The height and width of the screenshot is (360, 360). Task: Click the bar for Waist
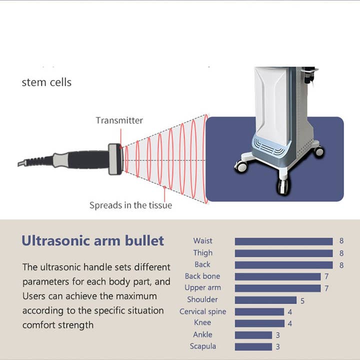click(x=283, y=241)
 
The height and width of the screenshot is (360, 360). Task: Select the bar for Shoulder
click(x=265, y=300)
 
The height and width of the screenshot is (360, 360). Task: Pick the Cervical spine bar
click(x=259, y=311)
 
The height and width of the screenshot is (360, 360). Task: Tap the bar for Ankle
click(x=253, y=335)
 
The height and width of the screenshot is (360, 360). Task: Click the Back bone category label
click(x=202, y=276)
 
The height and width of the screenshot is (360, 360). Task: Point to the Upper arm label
click(x=202, y=287)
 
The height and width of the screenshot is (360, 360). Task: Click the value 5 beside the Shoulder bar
click(x=302, y=301)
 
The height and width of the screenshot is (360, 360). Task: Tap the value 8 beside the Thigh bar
click(x=341, y=253)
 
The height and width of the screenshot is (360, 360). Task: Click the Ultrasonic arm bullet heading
click(x=93, y=240)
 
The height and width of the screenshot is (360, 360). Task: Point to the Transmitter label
click(x=119, y=120)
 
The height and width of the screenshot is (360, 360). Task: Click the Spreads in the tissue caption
click(x=130, y=205)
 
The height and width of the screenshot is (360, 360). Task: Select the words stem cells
click(x=46, y=82)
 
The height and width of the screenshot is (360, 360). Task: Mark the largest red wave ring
click(x=205, y=158)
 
